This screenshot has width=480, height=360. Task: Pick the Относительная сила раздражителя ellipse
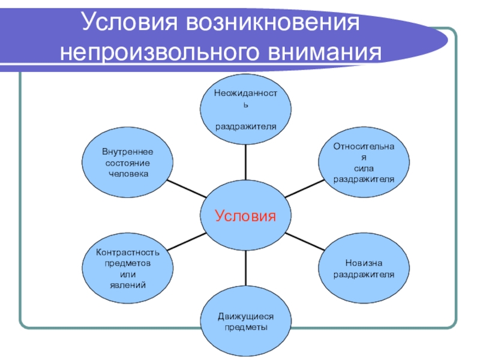(364, 162)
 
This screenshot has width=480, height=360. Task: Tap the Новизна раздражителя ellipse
(364, 269)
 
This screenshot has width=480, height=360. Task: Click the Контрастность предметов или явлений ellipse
(128, 268)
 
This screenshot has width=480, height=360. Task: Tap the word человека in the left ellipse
(128, 173)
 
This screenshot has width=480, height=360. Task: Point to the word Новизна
(364, 264)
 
